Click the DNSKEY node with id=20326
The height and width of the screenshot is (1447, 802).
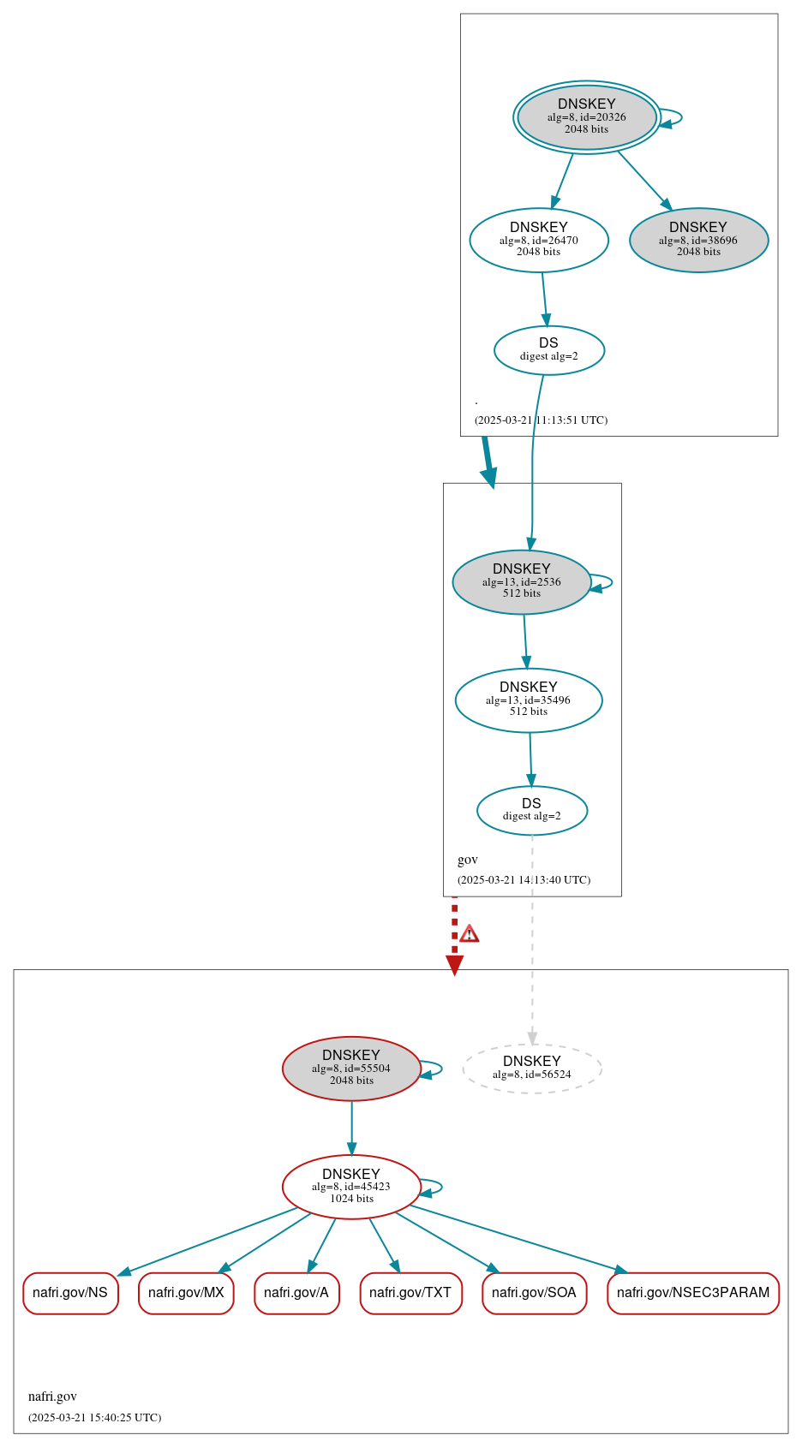(x=587, y=117)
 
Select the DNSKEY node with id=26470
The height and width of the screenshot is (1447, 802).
(x=539, y=240)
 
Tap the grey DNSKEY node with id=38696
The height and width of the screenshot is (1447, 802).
(x=698, y=240)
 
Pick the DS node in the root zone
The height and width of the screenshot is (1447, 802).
(x=549, y=350)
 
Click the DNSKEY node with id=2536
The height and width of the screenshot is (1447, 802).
(x=522, y=582)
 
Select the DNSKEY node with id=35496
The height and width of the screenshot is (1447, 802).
(x=529, y=700)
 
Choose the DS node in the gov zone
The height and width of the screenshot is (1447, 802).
(x=532, y=810)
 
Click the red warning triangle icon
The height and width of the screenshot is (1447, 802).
(x=470, y=934)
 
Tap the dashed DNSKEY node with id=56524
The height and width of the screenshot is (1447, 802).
(x=532, y=1068)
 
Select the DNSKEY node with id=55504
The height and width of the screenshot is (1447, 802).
(x=351, y=1069)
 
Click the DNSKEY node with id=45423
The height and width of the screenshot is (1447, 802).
(x=351, y=1187)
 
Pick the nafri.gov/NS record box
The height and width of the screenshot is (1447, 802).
(x=70, y=1293)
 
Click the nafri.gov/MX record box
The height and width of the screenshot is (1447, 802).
(x=186, y=1293)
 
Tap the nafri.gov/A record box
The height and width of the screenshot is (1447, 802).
(x=296, y=1293)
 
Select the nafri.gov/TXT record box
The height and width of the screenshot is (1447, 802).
(x=410, y=1293)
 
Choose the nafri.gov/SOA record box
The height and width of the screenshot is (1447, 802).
(x=534, y=1293)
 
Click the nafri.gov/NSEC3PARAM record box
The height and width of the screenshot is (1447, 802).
(x=693, y=1293)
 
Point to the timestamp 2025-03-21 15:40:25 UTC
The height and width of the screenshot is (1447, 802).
(x=95, y=1418)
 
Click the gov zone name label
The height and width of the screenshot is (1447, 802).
(x=468, y=860)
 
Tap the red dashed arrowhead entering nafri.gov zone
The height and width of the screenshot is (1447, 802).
(x=455, y=965)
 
